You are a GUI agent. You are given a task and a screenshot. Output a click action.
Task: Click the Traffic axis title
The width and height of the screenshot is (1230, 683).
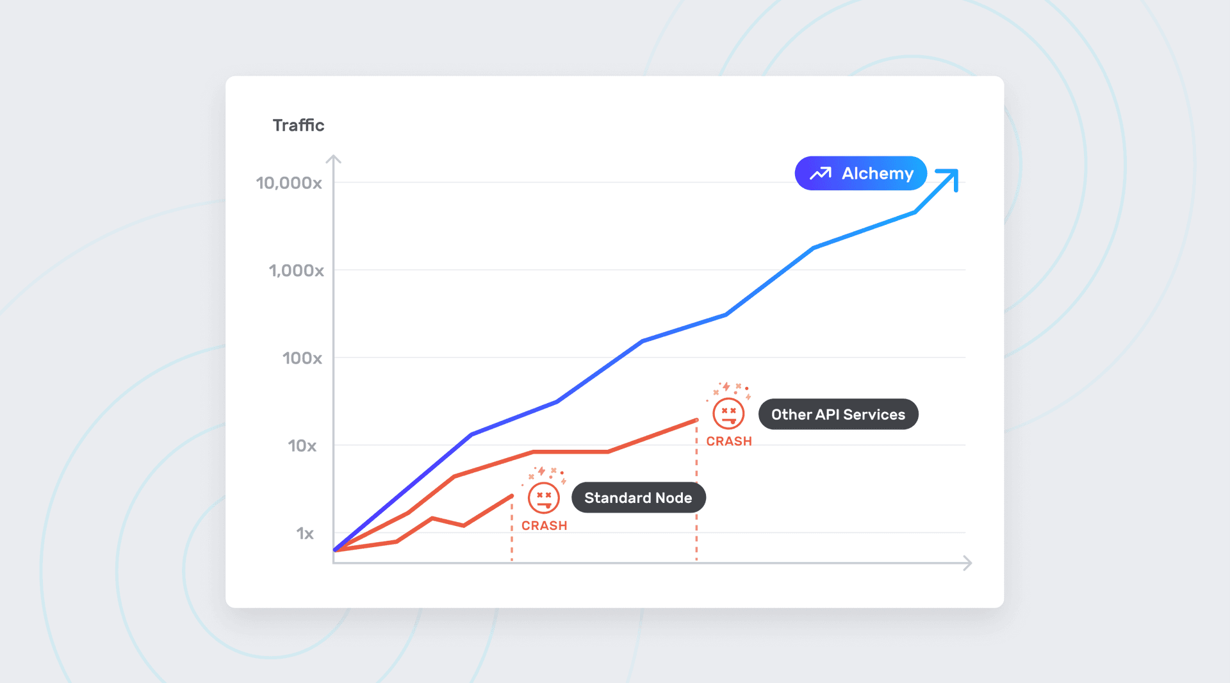click(299, 125)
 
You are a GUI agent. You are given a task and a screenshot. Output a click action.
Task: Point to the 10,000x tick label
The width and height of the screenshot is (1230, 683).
click(289, 183)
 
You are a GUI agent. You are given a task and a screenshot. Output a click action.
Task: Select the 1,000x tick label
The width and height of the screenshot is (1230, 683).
click(296, 270)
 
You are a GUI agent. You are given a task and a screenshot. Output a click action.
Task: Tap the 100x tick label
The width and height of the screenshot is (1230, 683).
click(302, 358)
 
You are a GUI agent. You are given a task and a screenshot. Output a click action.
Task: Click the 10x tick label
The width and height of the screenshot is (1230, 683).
click(302, 446)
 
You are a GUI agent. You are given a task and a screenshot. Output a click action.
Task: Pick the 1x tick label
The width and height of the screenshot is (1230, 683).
click(305, 534)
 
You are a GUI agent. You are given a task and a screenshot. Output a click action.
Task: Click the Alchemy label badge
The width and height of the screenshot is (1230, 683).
click(860, 173)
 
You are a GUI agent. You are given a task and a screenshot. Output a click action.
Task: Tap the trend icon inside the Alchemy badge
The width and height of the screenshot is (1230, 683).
click(820, 174)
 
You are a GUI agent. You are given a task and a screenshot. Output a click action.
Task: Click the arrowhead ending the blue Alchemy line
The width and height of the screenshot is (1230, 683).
click(949, 177)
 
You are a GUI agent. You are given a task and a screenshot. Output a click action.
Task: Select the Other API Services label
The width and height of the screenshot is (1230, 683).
click(838, 415)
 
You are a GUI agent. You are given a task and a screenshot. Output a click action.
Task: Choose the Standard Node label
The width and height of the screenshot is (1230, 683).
click(638, 498)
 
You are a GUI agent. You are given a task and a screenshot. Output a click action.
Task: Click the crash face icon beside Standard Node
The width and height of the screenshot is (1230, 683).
click(544, 498)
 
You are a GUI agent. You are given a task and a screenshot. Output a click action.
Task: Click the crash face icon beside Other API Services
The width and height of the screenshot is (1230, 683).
click(728, 413)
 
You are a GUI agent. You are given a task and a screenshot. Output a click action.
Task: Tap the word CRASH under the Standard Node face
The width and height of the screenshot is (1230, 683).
click(544, 525)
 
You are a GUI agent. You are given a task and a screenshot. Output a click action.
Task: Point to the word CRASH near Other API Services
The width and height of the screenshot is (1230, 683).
click(729, 441)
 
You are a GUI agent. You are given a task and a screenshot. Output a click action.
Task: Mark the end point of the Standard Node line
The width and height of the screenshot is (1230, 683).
click(512, 496)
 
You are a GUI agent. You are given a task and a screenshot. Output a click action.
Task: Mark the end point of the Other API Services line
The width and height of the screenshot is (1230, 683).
click(696, 420)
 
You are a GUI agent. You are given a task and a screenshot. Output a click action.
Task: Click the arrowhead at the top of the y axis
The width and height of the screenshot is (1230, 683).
click(333, 159)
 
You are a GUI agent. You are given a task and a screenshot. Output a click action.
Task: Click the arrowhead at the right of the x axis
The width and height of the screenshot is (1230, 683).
click(968, 563)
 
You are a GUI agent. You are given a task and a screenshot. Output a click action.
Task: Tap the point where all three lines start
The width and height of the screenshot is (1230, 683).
click(336, 550)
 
